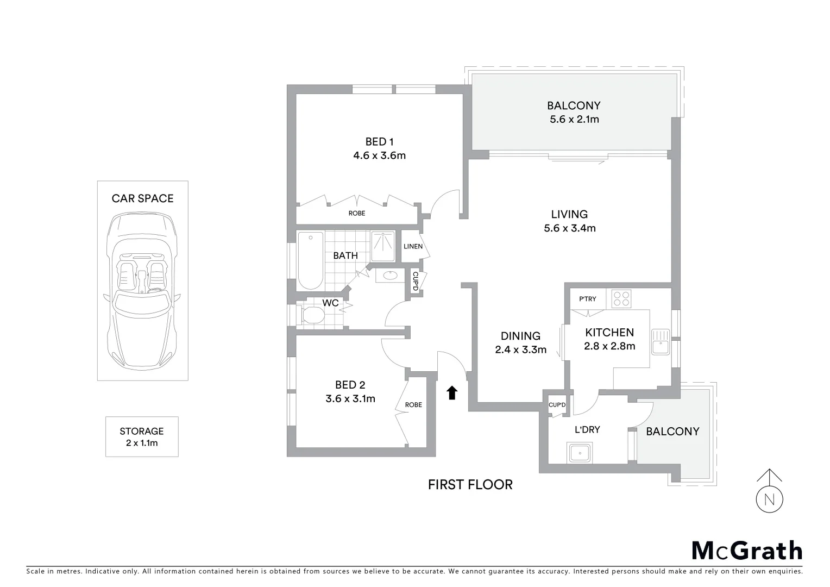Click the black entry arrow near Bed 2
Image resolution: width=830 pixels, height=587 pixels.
coord(451,393)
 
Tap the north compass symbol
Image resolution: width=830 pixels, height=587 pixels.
coord(769,498)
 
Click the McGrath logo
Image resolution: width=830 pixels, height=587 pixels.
coord(746,551)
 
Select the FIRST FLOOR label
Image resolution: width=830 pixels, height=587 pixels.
coord(470,484)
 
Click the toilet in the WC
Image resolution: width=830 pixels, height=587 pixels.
coord(312,316)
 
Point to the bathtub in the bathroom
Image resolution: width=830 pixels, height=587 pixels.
coord(310,260)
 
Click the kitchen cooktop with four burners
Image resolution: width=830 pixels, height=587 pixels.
coord(621,298)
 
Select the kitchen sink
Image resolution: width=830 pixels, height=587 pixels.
coord(661,342)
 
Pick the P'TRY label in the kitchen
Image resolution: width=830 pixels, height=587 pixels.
coord(588,299)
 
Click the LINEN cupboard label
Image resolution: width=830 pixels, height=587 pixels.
coord(413,246)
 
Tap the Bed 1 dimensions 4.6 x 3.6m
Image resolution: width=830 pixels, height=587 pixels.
coord(379,155)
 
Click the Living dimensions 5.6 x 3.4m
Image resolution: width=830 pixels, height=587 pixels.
coord(569,228)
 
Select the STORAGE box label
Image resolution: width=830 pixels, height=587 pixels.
coord(142,436)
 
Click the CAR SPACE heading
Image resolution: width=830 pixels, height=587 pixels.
coord(142,198)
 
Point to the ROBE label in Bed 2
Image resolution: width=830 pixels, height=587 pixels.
coord(413,404)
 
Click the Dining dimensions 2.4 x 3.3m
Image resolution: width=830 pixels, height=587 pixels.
coord(520,349)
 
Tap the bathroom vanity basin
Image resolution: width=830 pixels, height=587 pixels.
coord(390,276)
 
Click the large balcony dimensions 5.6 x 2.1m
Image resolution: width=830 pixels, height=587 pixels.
coord(574,119)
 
